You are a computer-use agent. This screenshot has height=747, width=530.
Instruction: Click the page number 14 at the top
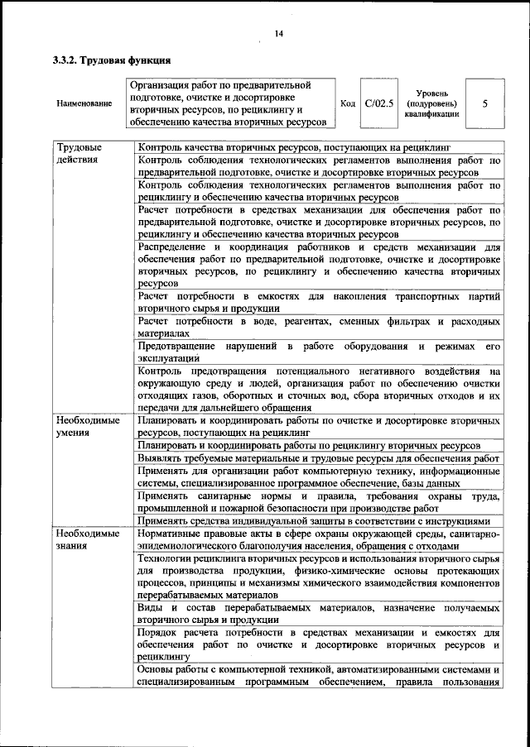[277, 34]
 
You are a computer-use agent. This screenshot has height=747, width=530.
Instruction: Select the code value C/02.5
[380, 103]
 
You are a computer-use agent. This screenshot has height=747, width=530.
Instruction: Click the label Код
[349, 103]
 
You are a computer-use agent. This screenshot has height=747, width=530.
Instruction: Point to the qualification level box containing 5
[484, 103]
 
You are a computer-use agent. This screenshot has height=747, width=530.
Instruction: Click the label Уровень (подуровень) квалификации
[431, 103]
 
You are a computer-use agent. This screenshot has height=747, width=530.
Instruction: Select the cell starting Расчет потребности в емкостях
[318, 301]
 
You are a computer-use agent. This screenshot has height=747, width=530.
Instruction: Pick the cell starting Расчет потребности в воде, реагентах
[318, 326]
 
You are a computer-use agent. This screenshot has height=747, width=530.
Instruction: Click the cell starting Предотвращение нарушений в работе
[318, 351]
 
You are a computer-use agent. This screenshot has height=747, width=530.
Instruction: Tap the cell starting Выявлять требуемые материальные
[318, 457]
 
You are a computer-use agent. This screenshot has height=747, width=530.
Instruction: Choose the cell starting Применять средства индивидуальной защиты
[318, 521]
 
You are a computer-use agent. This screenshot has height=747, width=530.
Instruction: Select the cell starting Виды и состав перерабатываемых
[318, 614]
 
